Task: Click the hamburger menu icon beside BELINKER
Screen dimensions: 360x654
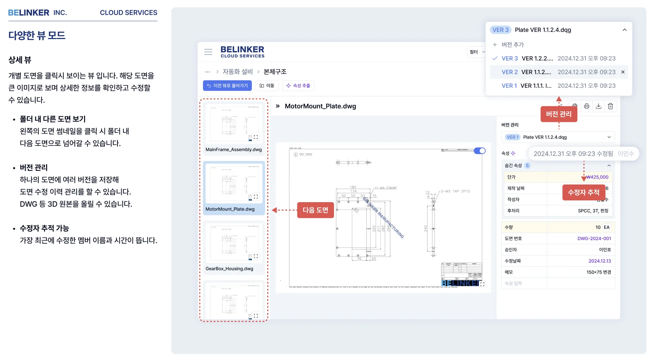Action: click(208, 52)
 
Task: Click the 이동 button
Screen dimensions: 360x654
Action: click(267, 86)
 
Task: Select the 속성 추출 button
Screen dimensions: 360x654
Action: click(298, 86)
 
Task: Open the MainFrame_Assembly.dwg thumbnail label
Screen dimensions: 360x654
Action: click(233, 150)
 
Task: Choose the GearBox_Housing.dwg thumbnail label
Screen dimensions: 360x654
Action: click(229, 269)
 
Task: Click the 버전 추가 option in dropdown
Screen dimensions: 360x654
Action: click(512, 45)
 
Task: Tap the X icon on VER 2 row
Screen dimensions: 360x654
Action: click(623, 72)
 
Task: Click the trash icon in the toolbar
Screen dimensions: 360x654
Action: click(610, 106)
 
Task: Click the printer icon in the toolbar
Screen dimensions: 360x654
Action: click(586, 106)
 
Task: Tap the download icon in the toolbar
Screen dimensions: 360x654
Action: click(598, 106)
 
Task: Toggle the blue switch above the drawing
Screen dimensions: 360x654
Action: click(480, 151)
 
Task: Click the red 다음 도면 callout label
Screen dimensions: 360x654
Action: click(315, 210)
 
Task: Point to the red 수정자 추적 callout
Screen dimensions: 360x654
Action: click(583, 193)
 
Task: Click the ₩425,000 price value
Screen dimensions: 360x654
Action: click(597, 177)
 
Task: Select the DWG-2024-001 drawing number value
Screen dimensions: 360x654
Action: click(594, 239)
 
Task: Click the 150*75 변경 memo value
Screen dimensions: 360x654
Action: click(598, 272)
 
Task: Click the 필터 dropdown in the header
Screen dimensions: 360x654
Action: click(477, 52)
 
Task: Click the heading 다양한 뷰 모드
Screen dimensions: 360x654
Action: click(37, 36)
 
